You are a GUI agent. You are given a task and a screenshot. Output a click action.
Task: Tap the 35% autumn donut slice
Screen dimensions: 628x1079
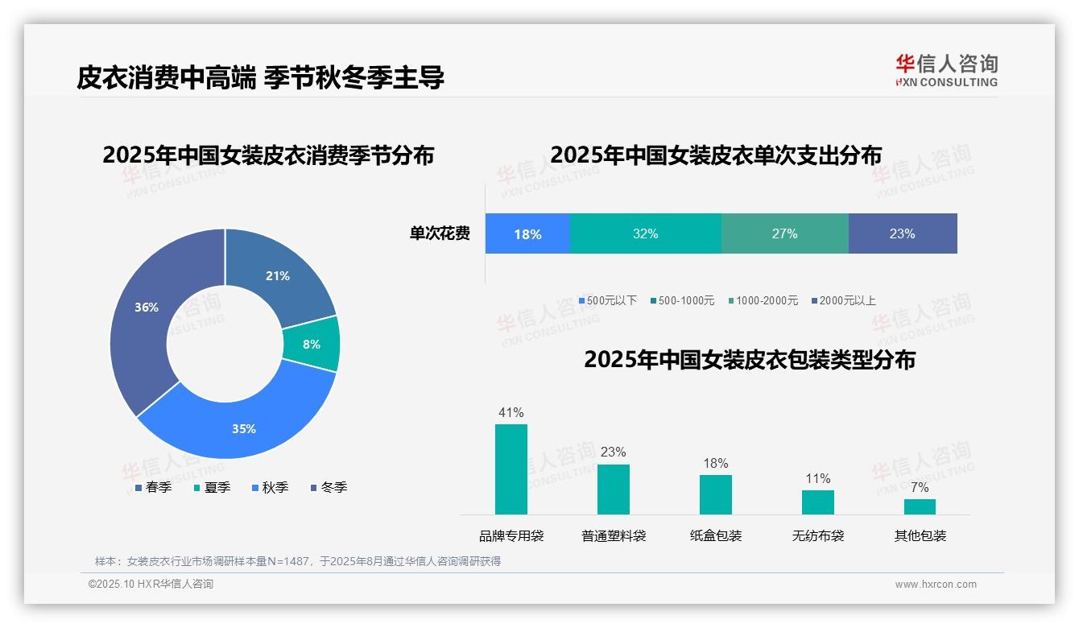click(x=242, y=427)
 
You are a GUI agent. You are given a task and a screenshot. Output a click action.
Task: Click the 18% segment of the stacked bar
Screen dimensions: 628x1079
click(x=527, y=234)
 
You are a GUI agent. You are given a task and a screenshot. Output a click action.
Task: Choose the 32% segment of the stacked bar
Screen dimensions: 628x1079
click(x=645, y=234)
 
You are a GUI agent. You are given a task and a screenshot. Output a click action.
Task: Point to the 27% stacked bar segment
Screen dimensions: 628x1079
click(x=784, y=234)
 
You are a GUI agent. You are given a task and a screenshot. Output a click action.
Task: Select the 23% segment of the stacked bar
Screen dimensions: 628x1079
click(x=902, y=234)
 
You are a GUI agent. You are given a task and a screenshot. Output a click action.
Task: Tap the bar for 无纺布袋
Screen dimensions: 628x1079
click(x=817, y=502)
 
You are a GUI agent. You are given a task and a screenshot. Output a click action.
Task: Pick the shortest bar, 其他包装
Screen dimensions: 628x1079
click(x=920, y=506)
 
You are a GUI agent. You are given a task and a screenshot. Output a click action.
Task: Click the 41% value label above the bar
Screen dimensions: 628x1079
click(x=511, y=413)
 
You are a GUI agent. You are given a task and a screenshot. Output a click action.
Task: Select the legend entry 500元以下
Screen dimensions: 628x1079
click(x=608, y=301)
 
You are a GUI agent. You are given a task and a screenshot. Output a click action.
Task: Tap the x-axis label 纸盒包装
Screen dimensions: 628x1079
click(x=716, y=536)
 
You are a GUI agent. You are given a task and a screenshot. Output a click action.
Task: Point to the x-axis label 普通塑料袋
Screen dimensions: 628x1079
click(x=614, y=536)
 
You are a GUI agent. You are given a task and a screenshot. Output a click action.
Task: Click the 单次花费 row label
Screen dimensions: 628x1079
click(x=440, y=234)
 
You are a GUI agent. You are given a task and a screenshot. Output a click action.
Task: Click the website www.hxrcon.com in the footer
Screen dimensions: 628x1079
click(x=936, y=585)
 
